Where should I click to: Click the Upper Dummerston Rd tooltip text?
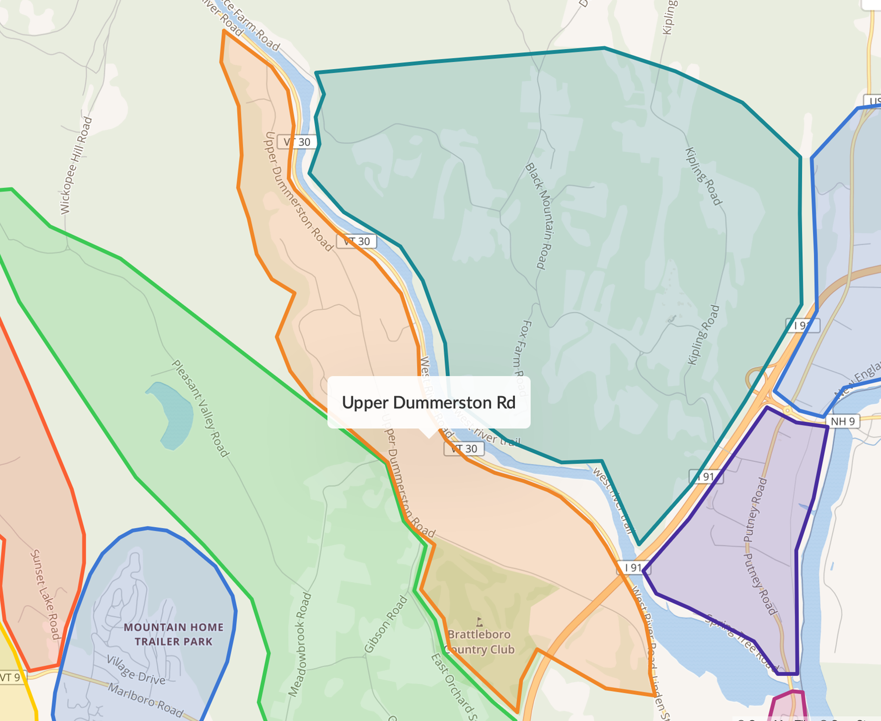[428, 403]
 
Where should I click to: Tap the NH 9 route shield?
[842, 421]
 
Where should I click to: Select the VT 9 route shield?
[10, 677]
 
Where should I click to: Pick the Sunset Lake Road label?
[44, 594]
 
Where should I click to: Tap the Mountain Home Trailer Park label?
[174, 634]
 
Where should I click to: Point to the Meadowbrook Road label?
[300, 644]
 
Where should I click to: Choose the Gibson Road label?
[386, 624]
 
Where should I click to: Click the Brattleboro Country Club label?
[480, 642]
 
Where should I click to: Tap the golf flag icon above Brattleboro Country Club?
[480, 621]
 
